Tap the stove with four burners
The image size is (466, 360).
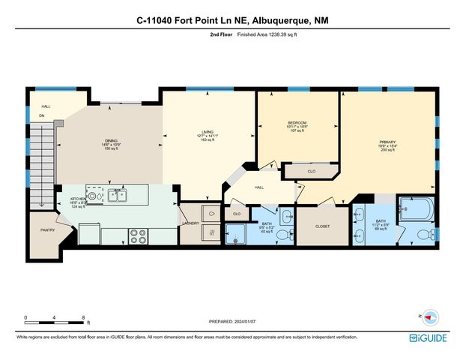click(139, 236)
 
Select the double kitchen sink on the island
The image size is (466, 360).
click(117, 195)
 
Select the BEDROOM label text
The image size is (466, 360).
click(297, 122)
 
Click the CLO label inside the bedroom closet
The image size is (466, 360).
click(311, 171)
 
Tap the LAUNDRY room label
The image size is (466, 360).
click(190, 223)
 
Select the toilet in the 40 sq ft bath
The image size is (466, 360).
click(282, 235)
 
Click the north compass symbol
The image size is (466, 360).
click(429, 316)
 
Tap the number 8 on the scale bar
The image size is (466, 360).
click(82, 317)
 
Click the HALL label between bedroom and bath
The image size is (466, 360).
click(259, 187)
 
